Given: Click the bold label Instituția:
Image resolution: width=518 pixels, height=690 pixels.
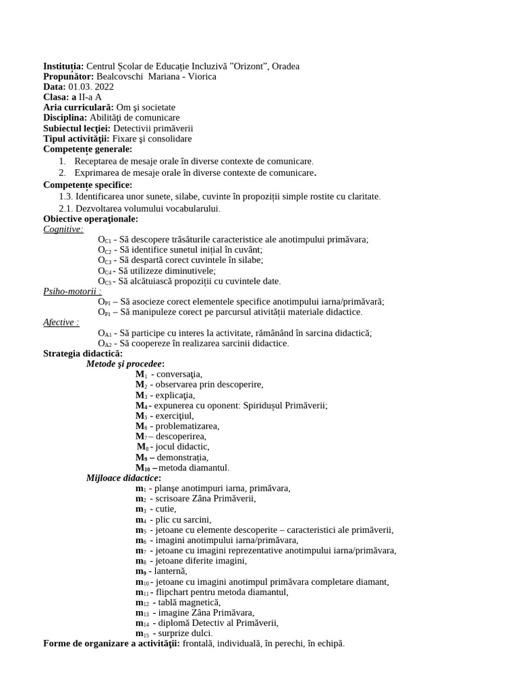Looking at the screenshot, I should point(63,66).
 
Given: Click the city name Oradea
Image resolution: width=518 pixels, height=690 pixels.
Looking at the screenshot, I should point(286,66).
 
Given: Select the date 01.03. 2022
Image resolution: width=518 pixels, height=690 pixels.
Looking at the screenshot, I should point(91,87).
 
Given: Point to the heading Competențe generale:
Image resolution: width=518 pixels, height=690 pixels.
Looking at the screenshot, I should point(88,149).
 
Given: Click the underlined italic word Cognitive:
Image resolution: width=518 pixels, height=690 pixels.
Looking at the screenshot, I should point(63,229).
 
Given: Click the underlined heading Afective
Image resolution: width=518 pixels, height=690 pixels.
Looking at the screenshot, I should point(59,322).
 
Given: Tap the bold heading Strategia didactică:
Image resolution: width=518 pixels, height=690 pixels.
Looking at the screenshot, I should point(83,353).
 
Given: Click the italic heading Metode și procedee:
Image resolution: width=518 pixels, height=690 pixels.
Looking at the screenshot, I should point(125,364).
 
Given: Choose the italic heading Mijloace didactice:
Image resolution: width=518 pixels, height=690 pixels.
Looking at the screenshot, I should point(123,478).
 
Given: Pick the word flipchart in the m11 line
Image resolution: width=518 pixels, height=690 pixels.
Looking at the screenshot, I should point(174,592).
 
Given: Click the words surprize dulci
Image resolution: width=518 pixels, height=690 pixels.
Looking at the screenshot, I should point(183,633).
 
